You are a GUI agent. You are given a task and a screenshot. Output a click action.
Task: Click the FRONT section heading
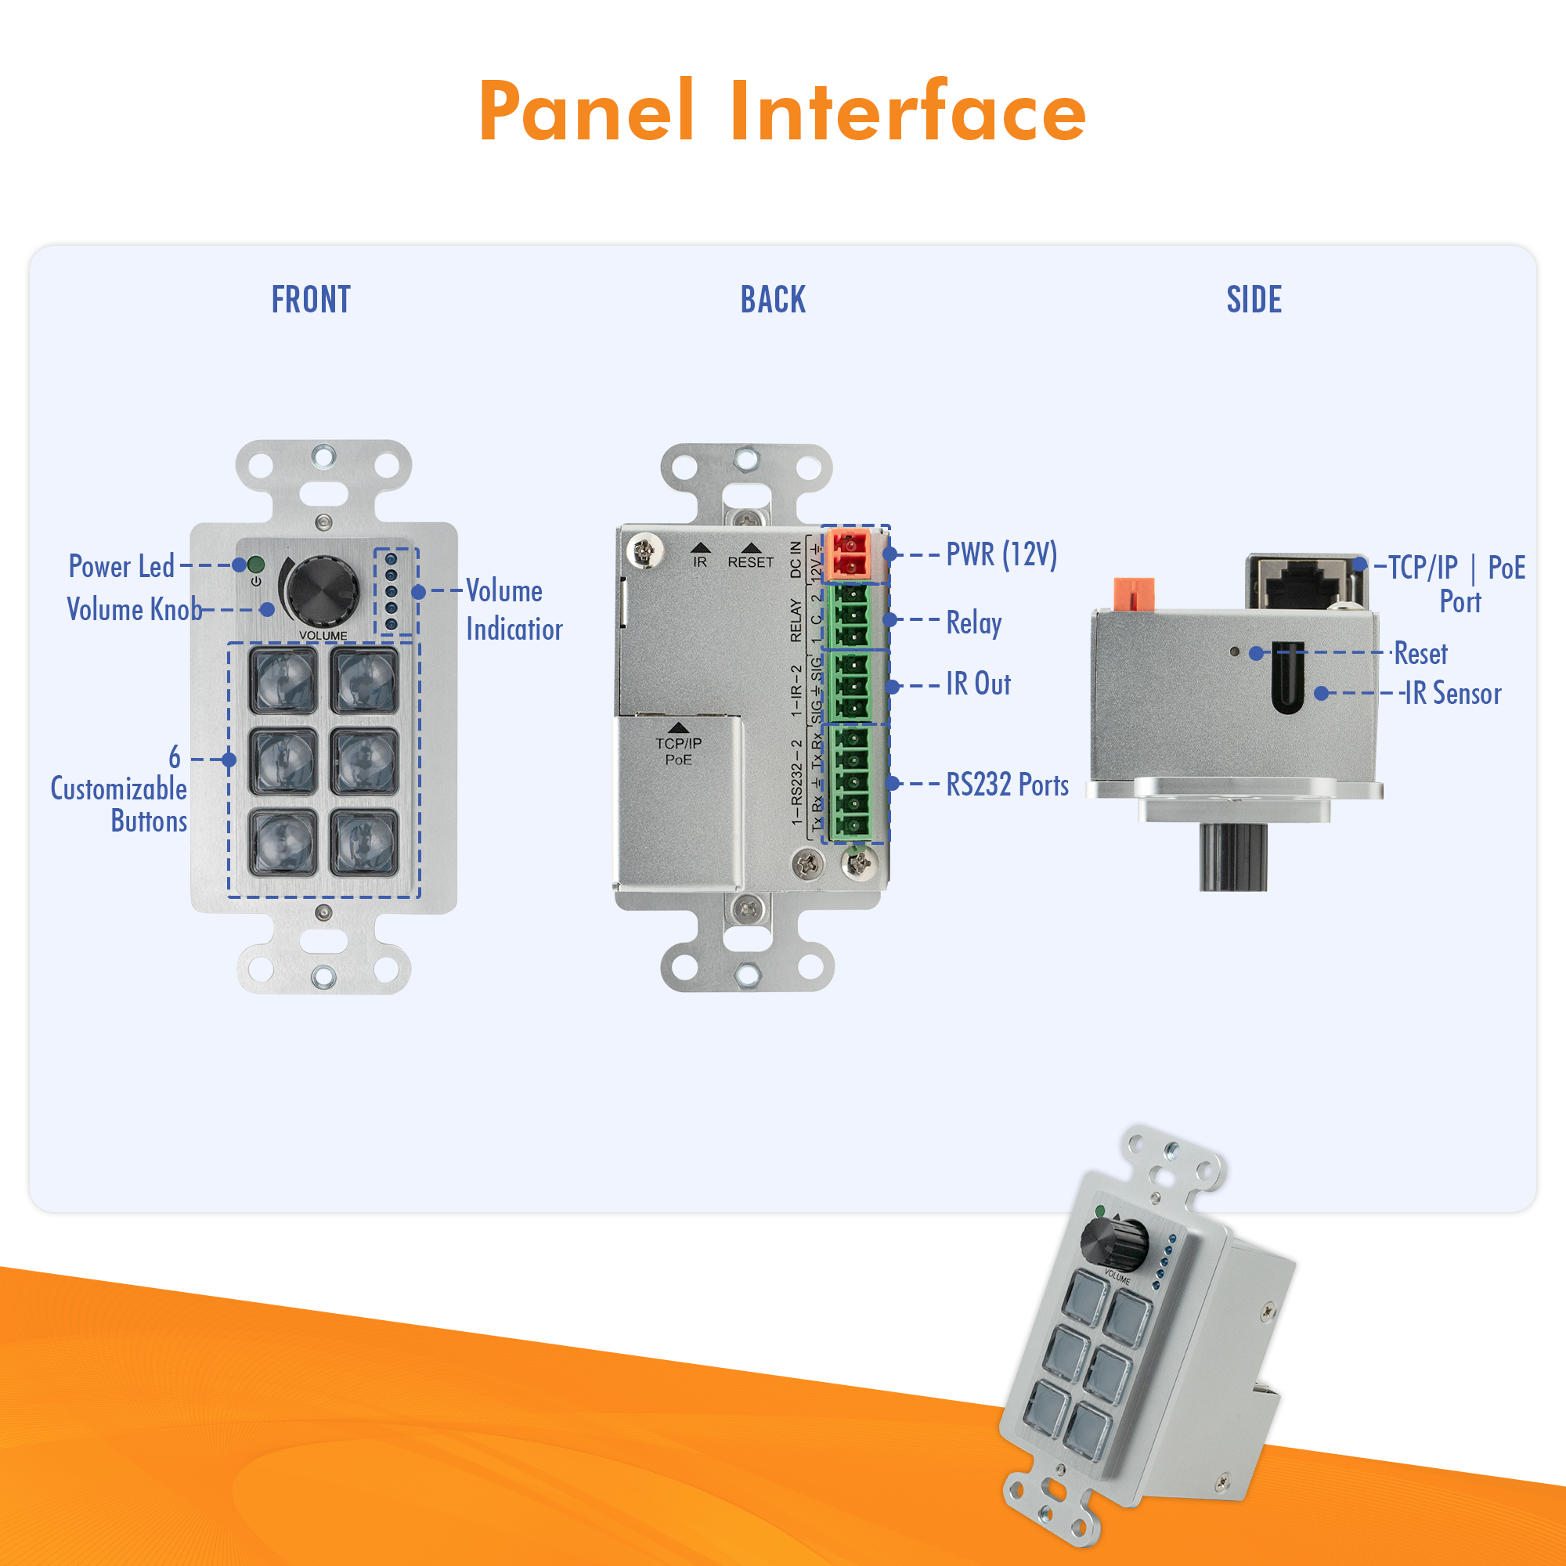point(312,300)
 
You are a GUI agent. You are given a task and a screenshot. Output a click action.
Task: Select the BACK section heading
point(773,300)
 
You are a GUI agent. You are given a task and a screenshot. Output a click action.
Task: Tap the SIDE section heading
point(1253,300)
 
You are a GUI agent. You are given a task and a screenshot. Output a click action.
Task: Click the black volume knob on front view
point(322,590)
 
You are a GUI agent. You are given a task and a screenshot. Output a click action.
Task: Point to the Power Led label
point(121,567)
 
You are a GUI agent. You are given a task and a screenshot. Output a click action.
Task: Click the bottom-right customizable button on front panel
point(364,843)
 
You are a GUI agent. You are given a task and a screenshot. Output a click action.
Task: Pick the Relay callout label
point(973,622)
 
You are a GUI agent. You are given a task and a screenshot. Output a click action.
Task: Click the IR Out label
point(977,684)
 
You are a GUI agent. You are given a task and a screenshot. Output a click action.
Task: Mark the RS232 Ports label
point(1007,785)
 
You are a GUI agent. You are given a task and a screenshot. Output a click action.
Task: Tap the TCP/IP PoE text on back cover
point(678,752)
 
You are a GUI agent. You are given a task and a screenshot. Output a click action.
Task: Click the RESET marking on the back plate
point(750,561)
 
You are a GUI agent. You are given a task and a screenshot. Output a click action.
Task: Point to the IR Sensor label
point(1452,693)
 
